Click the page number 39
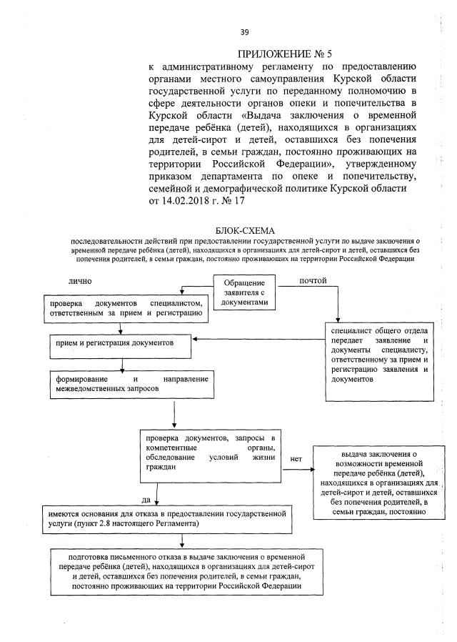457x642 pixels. click(x=244, y=31)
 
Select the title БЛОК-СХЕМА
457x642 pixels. click(x=243, y=229)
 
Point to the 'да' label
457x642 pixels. click(x=146, y=500)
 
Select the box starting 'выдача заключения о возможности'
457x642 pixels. click(x=378, y=482)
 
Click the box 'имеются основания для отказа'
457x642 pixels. click(x=167, y=519)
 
